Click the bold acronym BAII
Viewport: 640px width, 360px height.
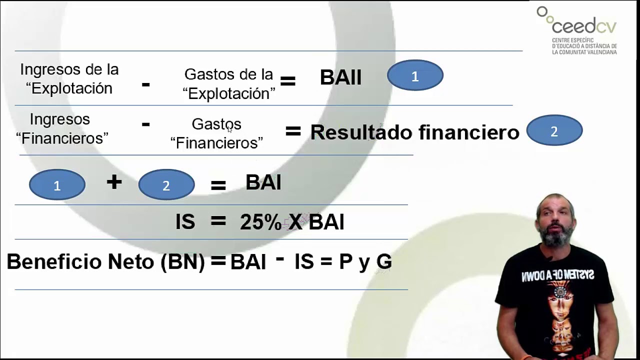(340, 77)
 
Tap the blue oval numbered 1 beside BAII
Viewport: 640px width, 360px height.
(415, 75)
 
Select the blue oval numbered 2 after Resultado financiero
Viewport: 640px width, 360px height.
(554, 130)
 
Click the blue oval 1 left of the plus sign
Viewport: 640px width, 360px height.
(57, 185)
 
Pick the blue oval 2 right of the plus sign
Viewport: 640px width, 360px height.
(166, 185)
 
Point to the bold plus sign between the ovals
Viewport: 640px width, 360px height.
(114, 182)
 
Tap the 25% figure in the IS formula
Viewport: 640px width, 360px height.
(260, 222)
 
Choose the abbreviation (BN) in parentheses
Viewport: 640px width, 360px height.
(183, 262)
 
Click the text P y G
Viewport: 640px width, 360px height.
(365, 261)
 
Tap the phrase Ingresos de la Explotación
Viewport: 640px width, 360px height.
(69, 79)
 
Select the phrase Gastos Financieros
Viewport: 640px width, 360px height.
(216, 133)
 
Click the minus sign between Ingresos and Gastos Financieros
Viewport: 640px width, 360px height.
(145, 123)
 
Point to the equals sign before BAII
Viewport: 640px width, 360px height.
(287, 81)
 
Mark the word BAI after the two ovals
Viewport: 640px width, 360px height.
(263, 183)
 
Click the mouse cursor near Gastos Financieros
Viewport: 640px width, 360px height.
(229, 129)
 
